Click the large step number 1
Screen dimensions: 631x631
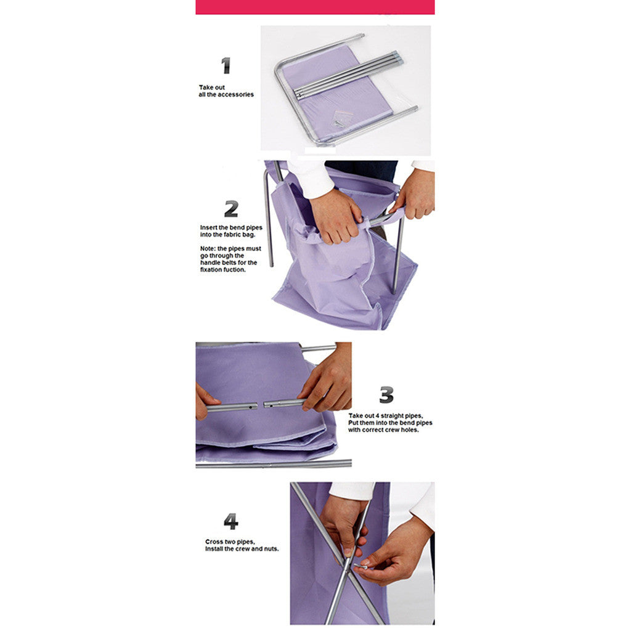(x=226, y=65)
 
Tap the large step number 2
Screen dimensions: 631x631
(x=231, y=209)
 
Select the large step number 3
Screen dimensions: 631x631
(x=386, y=394)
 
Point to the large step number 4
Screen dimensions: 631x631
(x=230, y=522)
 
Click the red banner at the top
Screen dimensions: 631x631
(x=315, y=7)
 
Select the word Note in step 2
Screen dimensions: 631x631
(x=208, y=248)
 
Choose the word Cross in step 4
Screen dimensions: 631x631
(x=213, y=542)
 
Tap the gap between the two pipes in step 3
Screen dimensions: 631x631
(x=261, y=405)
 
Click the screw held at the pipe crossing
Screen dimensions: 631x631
(x=361, y=565)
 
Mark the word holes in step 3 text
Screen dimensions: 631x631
(x=409, y=429)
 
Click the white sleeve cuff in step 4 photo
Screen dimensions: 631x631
(x=352, y=491)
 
